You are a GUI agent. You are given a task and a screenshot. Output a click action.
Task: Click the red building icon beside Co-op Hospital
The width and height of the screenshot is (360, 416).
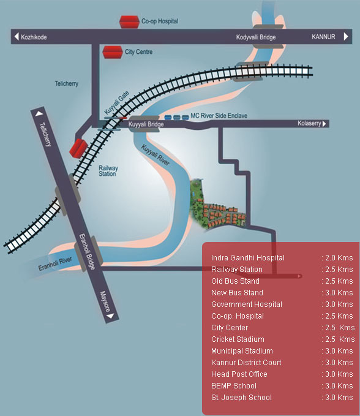coord(129,22)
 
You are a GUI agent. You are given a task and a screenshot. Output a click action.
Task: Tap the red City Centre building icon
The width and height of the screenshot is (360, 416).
coord(113,52)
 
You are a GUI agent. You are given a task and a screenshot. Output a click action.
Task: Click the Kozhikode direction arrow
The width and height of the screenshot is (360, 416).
coord(17,37)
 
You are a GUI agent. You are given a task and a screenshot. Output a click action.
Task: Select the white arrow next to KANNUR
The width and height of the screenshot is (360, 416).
coord(346,36)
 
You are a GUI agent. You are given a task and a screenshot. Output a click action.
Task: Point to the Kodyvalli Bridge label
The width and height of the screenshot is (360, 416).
coord(256,37)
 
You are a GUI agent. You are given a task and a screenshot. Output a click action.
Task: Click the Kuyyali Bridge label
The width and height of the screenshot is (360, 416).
coord(146,124)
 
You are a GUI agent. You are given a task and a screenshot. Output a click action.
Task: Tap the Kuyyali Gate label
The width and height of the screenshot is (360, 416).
coord(117,102)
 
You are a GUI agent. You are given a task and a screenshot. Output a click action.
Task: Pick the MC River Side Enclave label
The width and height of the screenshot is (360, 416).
coord(219,116)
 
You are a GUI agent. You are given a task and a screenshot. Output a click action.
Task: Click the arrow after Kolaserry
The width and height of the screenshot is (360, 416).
coord(324,124)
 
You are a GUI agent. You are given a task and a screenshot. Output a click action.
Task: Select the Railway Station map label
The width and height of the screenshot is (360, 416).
coord(108,171)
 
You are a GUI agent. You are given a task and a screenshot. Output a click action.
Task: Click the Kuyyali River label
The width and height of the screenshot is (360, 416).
coord(155,155)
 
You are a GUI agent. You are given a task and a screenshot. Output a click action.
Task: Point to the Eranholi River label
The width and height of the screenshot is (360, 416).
coord(55,263)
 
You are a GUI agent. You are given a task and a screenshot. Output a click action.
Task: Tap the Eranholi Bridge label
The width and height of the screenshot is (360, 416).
coord(87,252)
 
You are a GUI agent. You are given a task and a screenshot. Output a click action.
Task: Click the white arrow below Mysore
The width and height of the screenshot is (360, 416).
coord(110,316)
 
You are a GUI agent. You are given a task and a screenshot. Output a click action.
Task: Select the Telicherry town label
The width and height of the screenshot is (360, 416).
coord(67,83)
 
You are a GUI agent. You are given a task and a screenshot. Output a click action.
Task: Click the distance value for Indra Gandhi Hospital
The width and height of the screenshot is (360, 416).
coord(337,258)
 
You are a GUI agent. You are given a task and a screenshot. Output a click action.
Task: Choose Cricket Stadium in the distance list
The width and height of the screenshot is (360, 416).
coord(238,339)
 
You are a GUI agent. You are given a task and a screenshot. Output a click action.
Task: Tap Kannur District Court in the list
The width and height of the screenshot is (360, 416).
coord(246,363)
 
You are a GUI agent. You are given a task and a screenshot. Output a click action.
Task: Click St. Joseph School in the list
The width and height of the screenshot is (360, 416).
coord(241,398)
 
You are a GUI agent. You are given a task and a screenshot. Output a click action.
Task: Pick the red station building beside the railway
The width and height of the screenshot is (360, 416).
coord(78,148)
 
